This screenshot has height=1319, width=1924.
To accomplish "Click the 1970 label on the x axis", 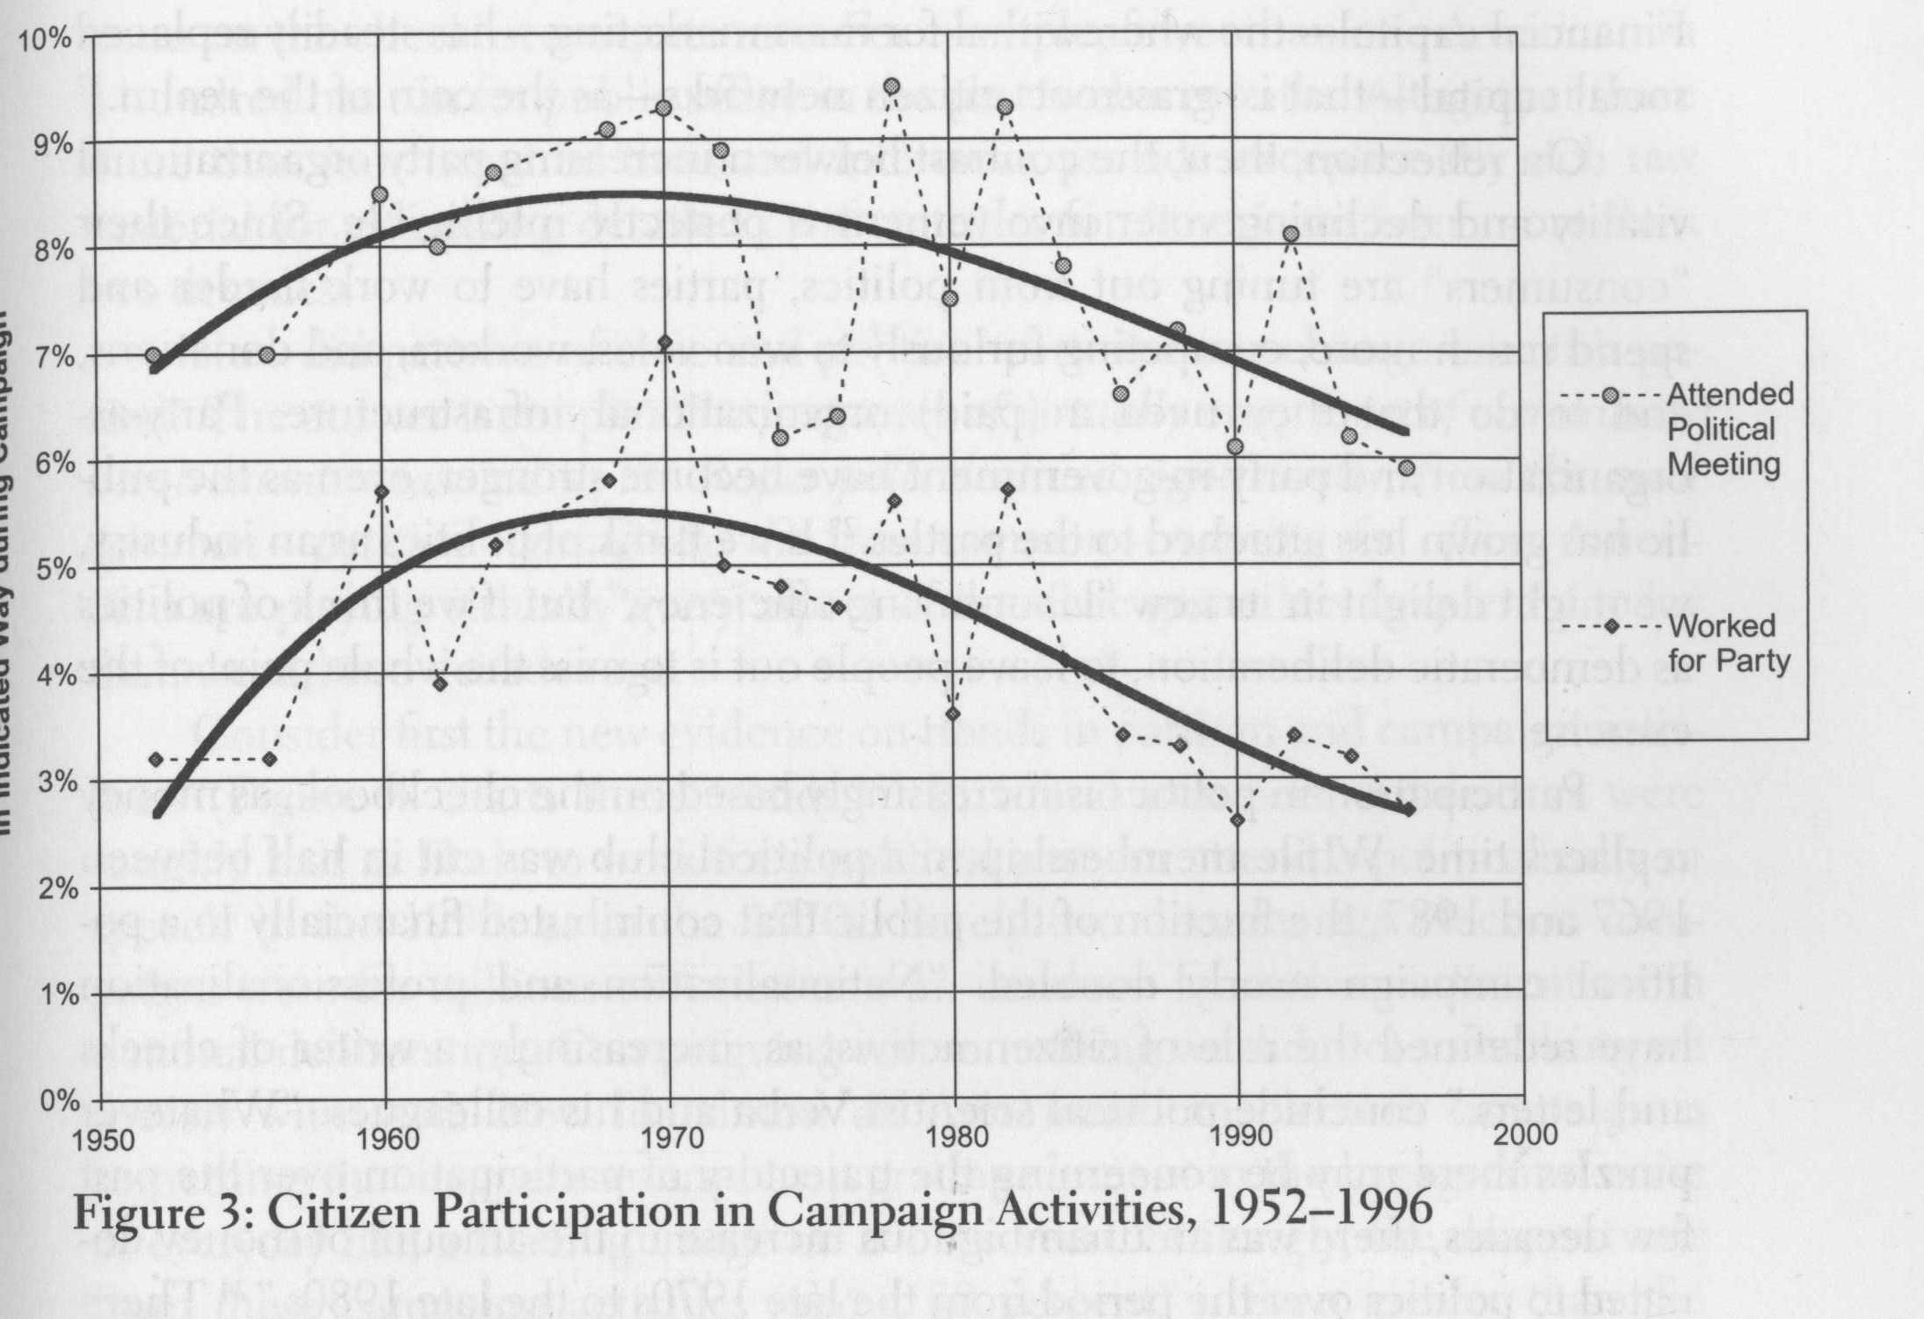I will point(671,1138).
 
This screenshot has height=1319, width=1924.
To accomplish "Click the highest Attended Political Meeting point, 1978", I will point(892,86).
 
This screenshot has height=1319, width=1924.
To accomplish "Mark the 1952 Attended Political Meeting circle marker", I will point(155,355).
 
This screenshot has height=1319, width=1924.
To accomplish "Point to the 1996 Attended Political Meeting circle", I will point(1407,467).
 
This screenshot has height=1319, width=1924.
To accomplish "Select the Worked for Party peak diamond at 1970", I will point(665,341).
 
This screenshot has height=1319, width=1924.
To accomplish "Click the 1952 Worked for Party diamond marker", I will point(156,759).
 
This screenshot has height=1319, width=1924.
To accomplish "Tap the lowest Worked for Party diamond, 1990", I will point(1238,820).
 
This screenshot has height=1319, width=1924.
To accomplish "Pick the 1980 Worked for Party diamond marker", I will point(953,712).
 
